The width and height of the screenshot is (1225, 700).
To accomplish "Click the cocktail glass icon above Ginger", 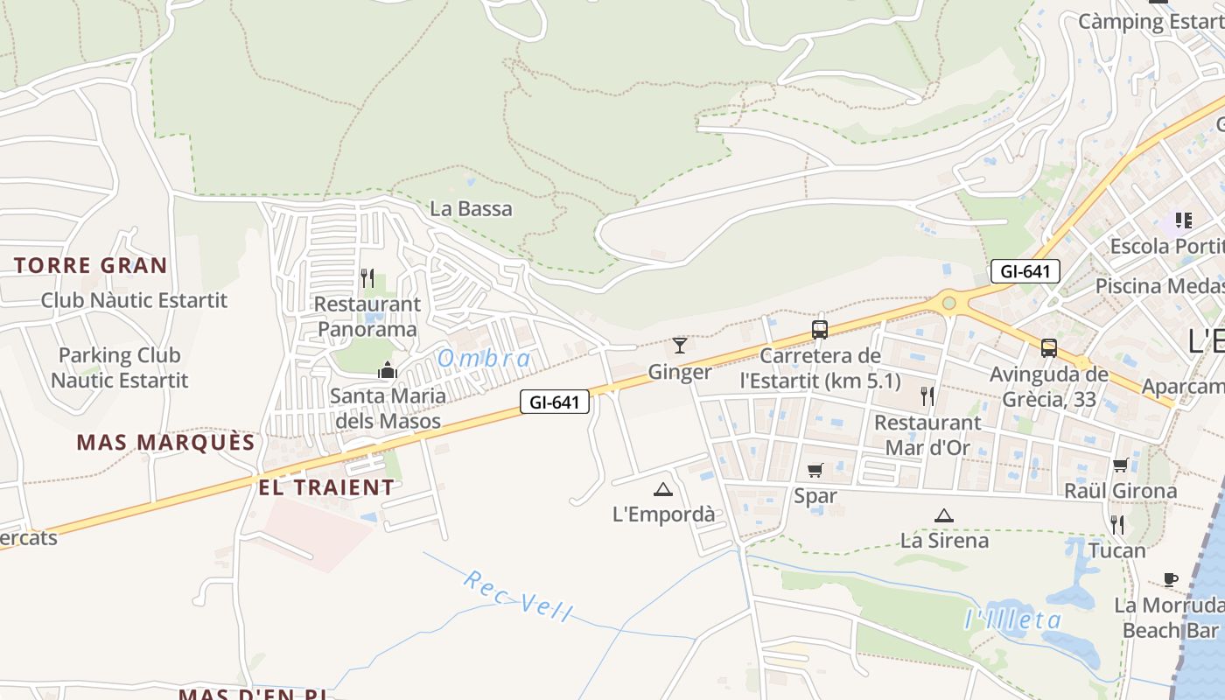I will [x=680, y=345].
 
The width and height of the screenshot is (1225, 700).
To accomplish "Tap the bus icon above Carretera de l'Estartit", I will [x=820, y=329].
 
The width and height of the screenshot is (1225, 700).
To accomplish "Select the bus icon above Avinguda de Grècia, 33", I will [x=1049, y=348].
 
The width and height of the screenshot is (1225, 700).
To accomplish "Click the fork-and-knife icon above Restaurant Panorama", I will [x=367, y=278].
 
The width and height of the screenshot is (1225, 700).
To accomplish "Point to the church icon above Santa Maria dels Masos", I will [x=387, y=370].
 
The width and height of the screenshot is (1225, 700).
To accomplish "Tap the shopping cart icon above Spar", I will [x=815, y=471].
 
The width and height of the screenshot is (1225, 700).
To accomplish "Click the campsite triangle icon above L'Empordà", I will [x=662, y=489].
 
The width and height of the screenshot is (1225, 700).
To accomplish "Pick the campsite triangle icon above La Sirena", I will [x=943, y=515].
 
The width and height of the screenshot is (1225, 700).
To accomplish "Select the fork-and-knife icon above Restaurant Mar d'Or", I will [x=927, y=396].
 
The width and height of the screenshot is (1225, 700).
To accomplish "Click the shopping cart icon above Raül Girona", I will [x=1121, y=465].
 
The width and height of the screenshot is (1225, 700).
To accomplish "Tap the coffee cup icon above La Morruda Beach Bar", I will [x=1171, y=579].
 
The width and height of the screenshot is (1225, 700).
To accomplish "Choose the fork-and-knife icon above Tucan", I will [x=1117, y=525].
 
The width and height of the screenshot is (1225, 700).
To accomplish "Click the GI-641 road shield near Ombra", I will [x=555, y=402].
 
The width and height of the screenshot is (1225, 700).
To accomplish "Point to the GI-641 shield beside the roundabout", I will [x=1025, y=271].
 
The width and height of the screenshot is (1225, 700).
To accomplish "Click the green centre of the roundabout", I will [x=948, y=304].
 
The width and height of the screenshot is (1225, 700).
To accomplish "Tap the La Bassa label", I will [x=472, y=209].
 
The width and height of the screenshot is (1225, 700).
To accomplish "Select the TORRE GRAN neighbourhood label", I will [x=90, y=266].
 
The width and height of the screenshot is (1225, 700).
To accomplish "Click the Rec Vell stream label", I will [x=517, y=596].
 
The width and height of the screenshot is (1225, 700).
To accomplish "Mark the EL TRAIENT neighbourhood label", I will [x=326, y=487].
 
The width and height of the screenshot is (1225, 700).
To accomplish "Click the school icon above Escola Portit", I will [x=1184, y=220].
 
